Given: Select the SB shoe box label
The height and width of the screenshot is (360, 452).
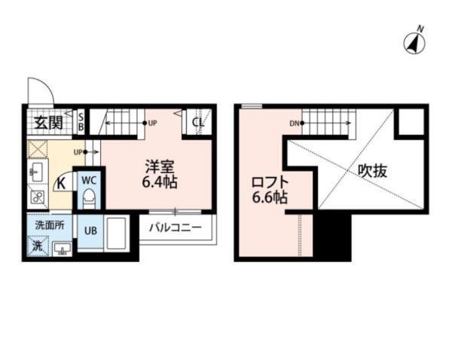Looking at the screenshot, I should point(81,121).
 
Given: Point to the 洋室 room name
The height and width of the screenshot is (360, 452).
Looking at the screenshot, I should point(156,165).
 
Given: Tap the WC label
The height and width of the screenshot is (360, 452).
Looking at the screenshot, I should point(88,180).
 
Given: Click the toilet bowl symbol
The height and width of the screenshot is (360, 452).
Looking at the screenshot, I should point(88,199).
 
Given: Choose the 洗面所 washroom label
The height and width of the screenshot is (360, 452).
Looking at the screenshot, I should point(48,224).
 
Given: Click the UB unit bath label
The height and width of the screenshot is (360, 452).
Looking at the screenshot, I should point(90,231).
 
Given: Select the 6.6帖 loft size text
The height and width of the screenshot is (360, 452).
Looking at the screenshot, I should point(268,198).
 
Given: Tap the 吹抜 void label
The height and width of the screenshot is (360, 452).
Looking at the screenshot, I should point(373,170).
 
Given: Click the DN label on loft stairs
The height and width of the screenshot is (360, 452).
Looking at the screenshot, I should point(294,124).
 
